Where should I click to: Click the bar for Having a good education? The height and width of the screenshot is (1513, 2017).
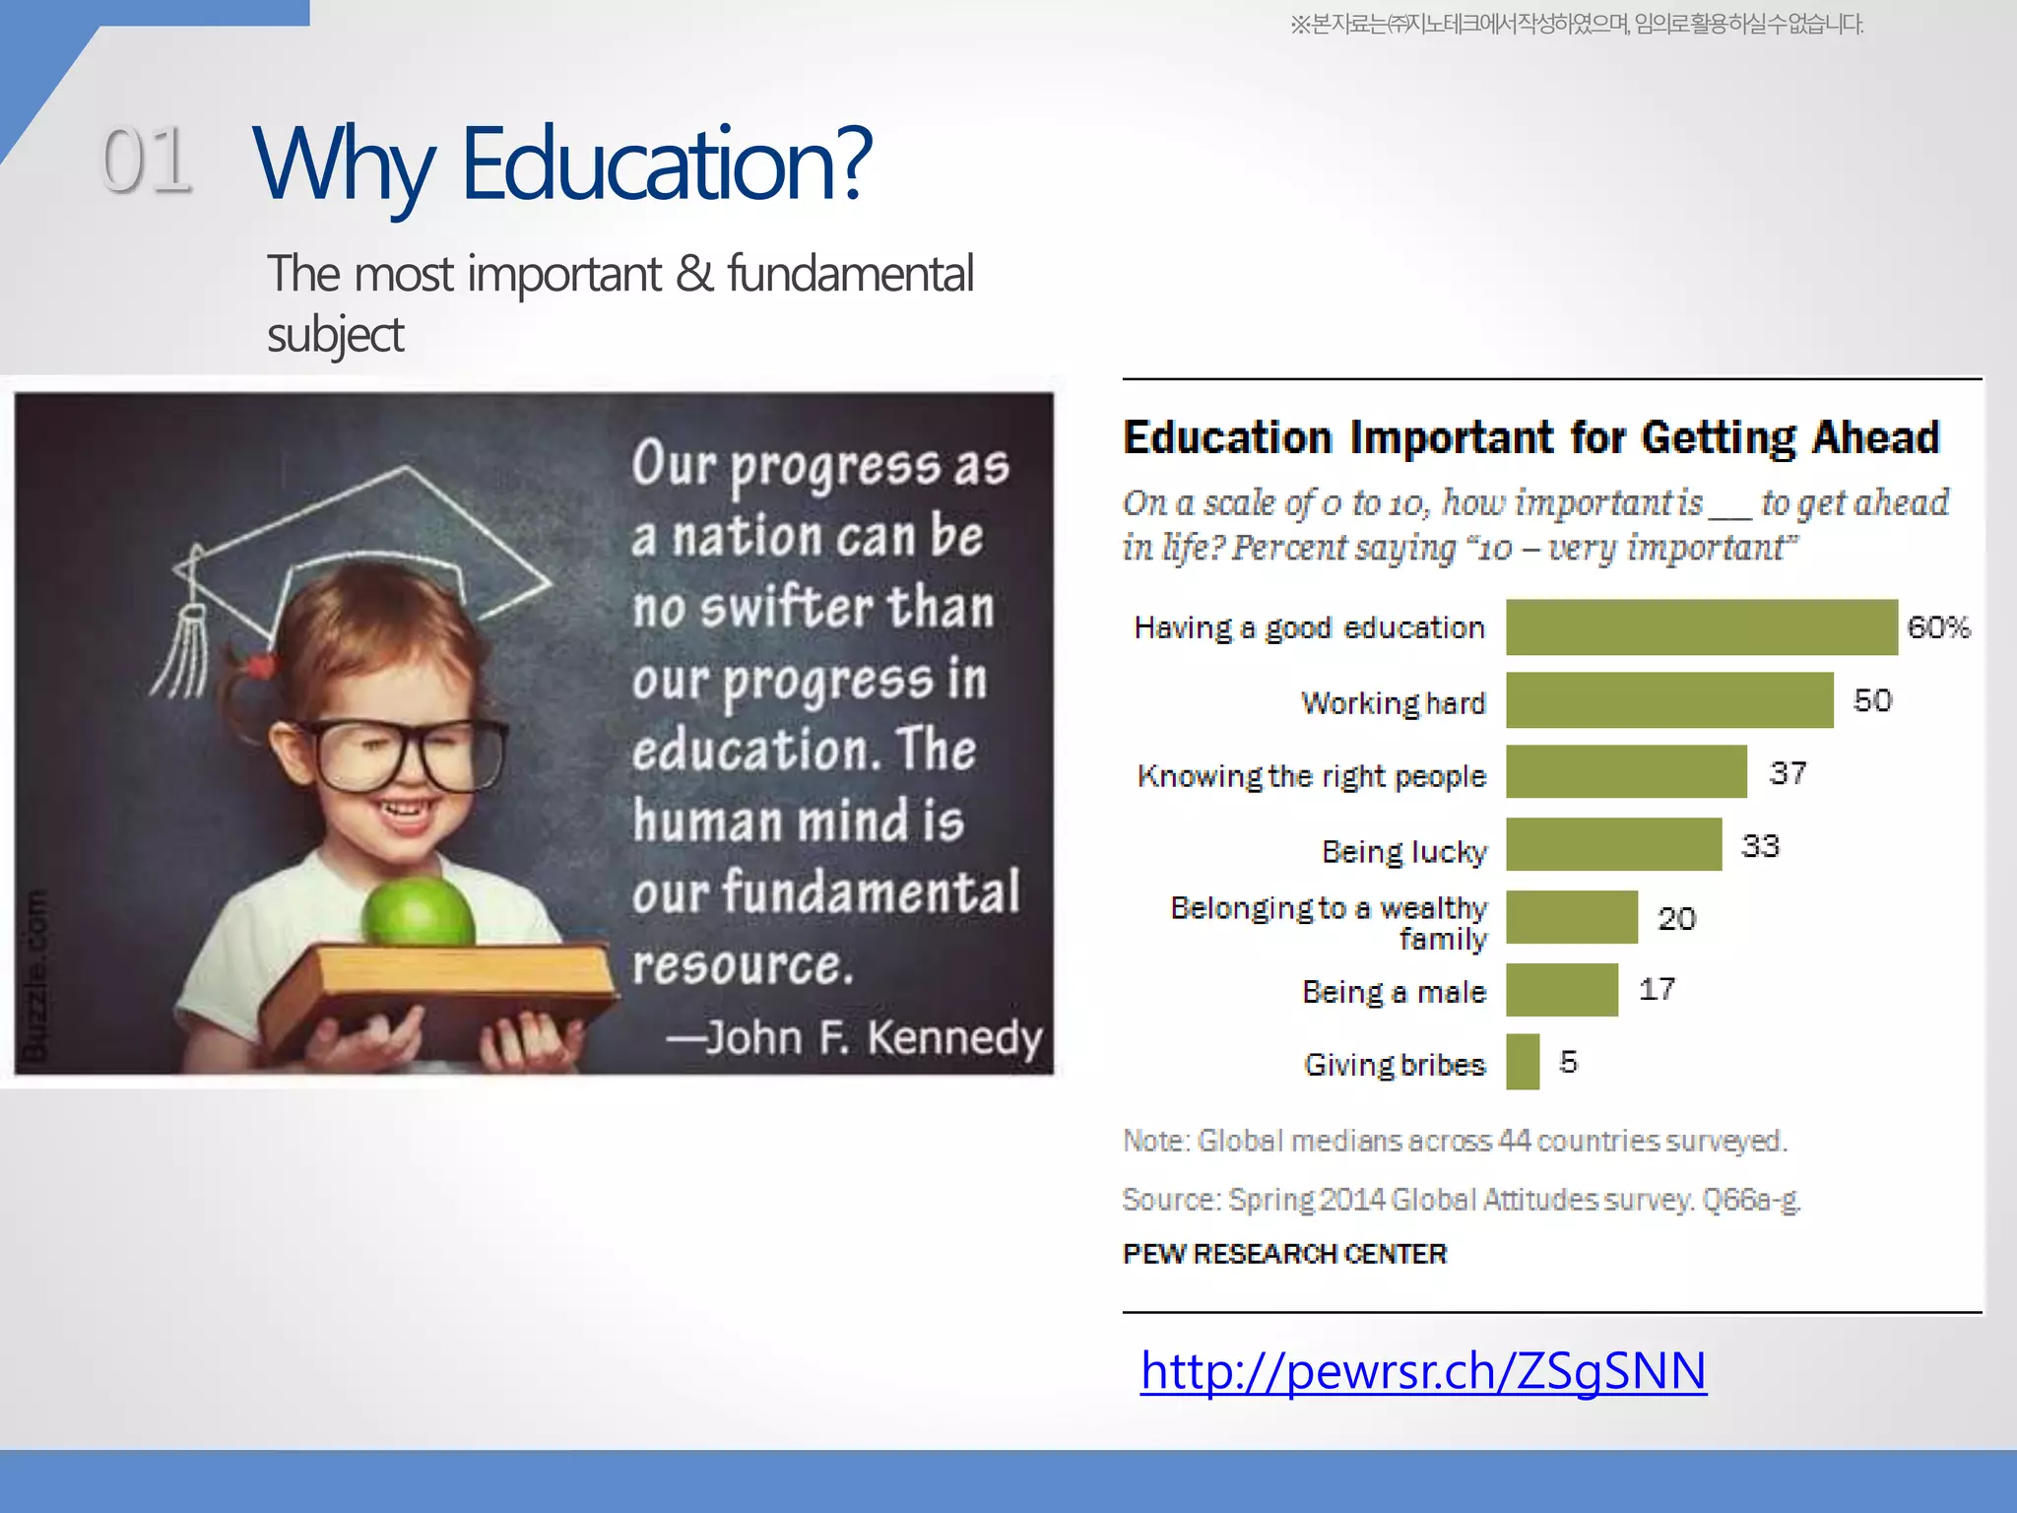tap(1701, 627)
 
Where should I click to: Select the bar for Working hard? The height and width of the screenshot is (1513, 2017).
tap(1669, 700)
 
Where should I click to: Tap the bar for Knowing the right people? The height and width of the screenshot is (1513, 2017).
tap(1626, 772)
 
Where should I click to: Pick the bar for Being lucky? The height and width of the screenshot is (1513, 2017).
tap(1613, 845)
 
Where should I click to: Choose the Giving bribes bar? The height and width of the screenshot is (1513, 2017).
tap(1523, 1062)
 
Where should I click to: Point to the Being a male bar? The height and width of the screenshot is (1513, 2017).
tap(1562, 990)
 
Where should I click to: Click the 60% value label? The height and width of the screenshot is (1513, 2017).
tap(1938, 627)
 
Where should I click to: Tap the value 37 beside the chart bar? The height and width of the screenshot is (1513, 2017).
tap(1788, 773)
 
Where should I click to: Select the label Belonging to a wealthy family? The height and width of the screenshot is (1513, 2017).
tap(1329, 922)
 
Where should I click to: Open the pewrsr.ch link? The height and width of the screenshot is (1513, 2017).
tap(1423, 1370)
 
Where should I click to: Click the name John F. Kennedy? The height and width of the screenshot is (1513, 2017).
tap(874, 1037)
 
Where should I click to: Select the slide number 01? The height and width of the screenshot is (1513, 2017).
tap(147, 160)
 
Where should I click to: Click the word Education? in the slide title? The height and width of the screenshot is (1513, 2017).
tap(667, 163)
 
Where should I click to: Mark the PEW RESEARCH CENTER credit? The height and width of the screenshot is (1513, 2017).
tap(1284, 1254)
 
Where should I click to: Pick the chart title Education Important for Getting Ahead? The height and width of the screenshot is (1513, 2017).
tap(1531, 437)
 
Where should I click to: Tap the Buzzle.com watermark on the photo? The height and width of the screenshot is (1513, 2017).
tap(35, 975)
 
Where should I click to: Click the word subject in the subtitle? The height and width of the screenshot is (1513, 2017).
tap(335, 335)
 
